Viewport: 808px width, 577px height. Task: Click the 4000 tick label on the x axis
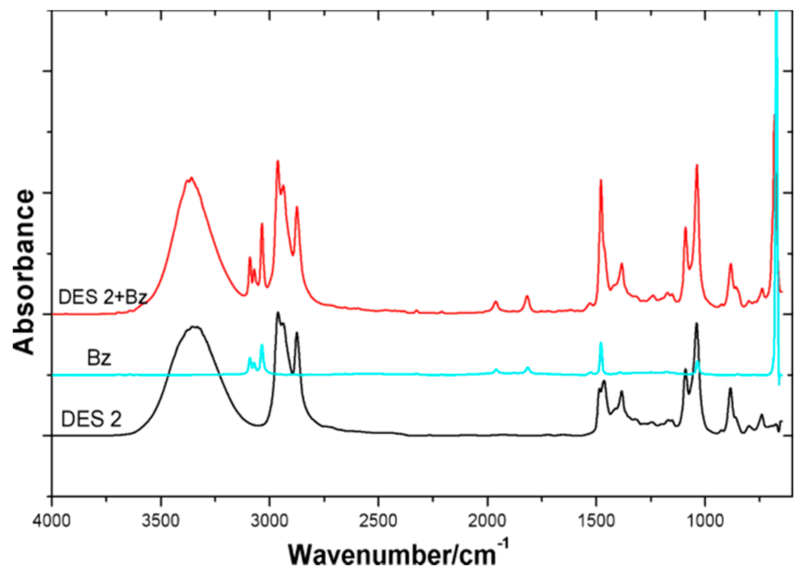[52, 521]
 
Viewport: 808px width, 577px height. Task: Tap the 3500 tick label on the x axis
[161, 521]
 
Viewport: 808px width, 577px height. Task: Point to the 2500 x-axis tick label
[379, 521]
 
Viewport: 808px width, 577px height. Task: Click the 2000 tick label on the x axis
[487, 521]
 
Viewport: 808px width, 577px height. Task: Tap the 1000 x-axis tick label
[705, 521]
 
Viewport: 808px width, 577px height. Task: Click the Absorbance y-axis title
[24, 272]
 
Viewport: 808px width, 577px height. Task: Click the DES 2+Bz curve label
[103, 297]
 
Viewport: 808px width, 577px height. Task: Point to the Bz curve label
[99, 358]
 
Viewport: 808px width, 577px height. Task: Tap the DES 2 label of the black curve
[91, 419]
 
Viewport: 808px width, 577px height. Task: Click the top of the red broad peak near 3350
[191, 178]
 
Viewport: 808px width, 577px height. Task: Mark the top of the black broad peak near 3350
[195, 327]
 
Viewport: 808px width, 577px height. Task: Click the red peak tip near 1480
[601, 180]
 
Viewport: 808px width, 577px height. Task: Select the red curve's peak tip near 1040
[697, 165]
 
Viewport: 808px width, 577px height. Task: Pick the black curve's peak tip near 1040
[696, 324]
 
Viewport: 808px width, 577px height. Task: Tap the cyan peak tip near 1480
[601, 343]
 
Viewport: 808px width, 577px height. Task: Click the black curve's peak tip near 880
[730, 389]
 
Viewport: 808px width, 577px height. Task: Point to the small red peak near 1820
[527, 297]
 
